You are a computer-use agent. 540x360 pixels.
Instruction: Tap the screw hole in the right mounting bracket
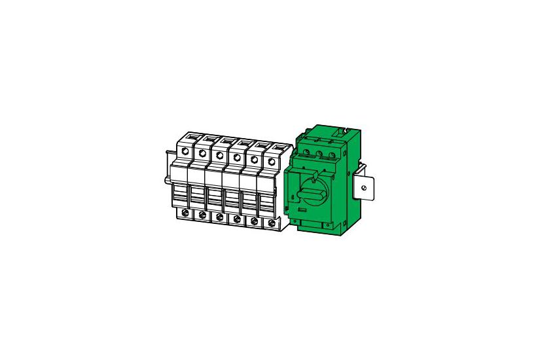point(364,189)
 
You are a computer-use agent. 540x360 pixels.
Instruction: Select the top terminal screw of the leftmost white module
point(186,152)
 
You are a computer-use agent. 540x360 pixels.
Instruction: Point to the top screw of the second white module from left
point(203,154)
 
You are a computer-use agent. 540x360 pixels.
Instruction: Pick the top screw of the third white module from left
point(220,156)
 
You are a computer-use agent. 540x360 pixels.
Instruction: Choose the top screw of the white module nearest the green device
point(271,160)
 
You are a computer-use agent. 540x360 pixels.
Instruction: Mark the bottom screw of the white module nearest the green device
point(272,223)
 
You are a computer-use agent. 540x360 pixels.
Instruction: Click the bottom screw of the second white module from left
point(203,216)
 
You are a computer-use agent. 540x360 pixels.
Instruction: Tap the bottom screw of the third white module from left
point(220,218)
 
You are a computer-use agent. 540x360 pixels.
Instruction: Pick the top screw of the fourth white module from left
point(236,157)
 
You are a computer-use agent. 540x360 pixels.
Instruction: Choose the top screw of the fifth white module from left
point(253,158)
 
